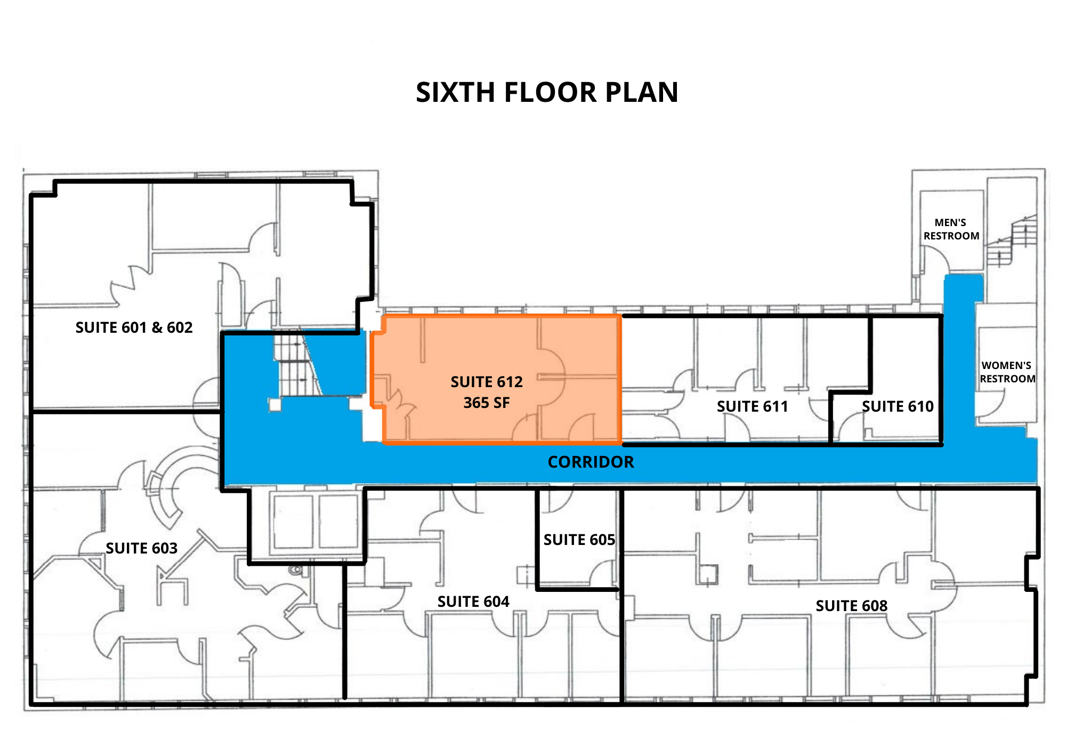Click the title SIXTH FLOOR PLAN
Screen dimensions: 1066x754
[x=547, y=92]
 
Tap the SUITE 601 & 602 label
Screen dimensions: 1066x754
[x=134, y=327]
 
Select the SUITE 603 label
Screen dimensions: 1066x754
[x=142, y=548]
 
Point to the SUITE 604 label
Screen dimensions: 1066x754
[x=473, y=601]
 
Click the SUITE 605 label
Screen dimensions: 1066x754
[x=579, y=540]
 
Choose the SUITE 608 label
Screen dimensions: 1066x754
[x=852, y=606]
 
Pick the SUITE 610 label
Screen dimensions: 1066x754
[x=898, y=406]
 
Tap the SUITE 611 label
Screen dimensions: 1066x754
[x=753, y=406]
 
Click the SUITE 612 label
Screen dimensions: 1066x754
[x=487, y=382]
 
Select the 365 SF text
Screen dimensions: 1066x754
[x=487, y=403]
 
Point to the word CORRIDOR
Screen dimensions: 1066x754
[x=591, y=462]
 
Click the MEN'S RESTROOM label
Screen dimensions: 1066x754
[x=951, y=229]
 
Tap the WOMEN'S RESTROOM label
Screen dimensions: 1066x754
[x=1007, y=372]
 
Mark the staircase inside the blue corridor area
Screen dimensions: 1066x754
[x=297, y=363]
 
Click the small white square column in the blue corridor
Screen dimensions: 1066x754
[x=275, y=405]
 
